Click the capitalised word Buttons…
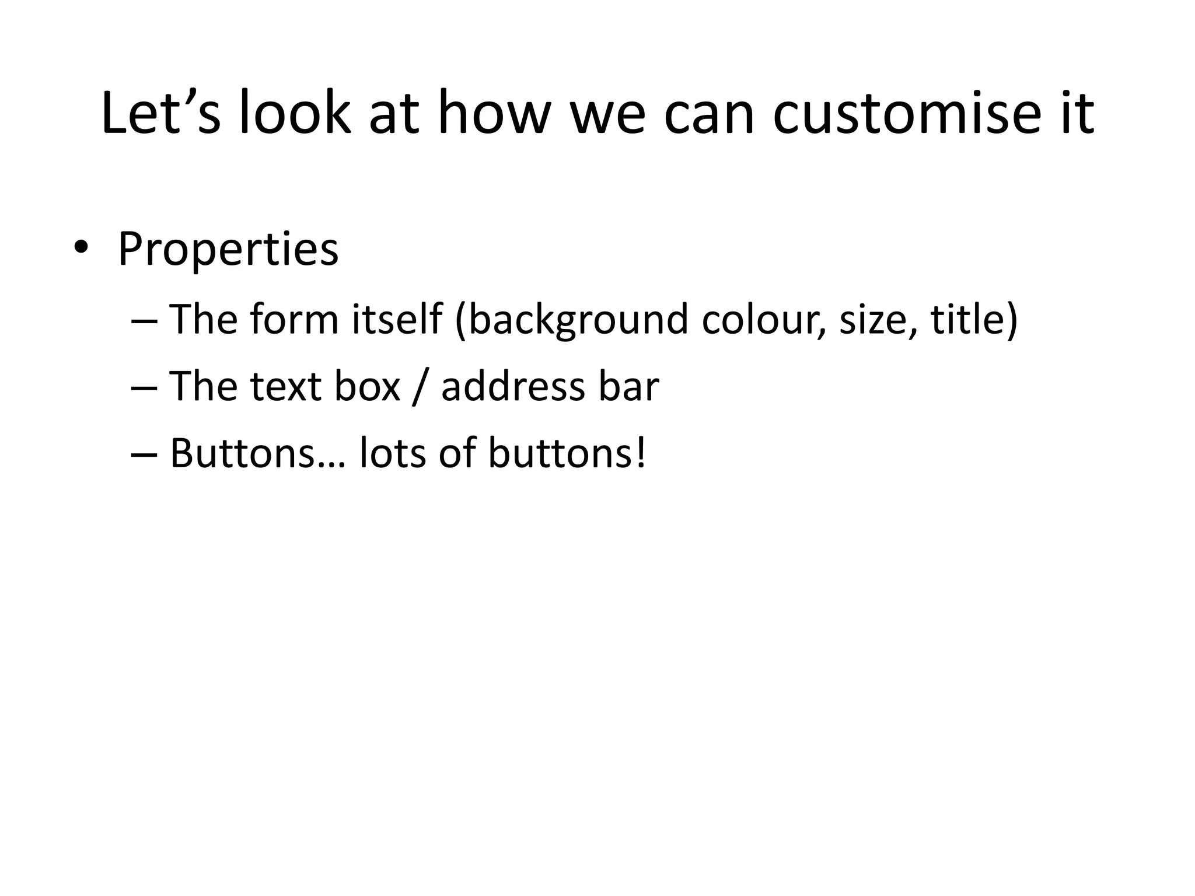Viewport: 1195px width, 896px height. [x=257, y=453]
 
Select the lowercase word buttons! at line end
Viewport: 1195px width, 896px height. [x=567, y=453]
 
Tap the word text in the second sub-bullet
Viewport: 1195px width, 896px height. [x=286, y=387]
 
